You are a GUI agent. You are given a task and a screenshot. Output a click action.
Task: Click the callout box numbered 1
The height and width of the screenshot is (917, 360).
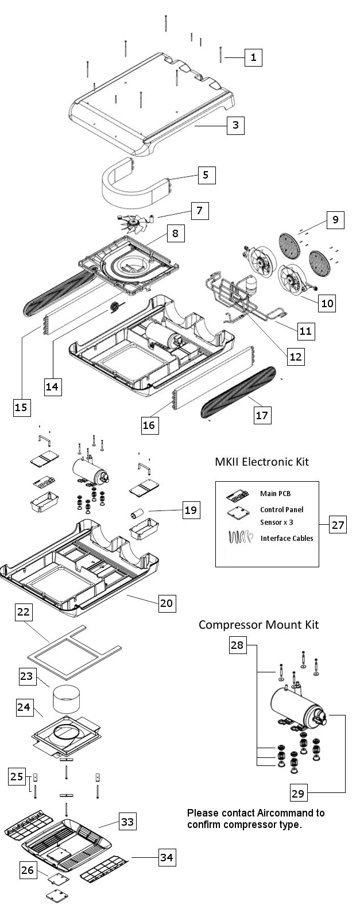[253, 57]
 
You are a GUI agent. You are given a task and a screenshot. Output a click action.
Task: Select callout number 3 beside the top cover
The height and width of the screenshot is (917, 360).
[235, 125]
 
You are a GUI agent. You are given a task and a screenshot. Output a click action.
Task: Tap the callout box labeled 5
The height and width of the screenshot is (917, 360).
[207, 175]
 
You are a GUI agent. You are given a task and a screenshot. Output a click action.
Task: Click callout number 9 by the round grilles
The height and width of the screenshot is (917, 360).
[335, 219]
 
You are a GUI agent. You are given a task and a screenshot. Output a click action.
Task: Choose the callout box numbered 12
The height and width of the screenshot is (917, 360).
[295, 356]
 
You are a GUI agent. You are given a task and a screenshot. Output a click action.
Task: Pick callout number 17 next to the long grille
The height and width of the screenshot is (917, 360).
[262, 415]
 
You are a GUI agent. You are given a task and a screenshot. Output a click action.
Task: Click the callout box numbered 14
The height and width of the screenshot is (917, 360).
[52, 386]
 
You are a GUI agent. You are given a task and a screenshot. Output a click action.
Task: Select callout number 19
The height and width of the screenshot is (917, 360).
[191, 509]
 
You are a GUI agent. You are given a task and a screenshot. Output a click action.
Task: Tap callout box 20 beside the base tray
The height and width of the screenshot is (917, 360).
[167, 602]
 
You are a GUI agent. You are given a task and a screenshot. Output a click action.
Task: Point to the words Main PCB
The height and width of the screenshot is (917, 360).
[272, 493]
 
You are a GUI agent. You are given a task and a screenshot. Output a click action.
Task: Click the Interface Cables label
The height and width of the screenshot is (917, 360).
[287, 538]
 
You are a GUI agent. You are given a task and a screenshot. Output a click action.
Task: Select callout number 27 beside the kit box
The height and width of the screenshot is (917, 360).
[338, 524]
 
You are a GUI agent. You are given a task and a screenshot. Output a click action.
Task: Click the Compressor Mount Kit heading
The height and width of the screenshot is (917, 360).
[258, 624]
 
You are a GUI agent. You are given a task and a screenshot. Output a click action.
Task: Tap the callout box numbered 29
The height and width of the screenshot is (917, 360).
[298, 794]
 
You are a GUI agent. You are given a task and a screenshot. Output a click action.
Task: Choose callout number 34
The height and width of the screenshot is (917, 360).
[167, 858]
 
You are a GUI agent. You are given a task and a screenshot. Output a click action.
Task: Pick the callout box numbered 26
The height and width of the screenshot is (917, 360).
[28, 870]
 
